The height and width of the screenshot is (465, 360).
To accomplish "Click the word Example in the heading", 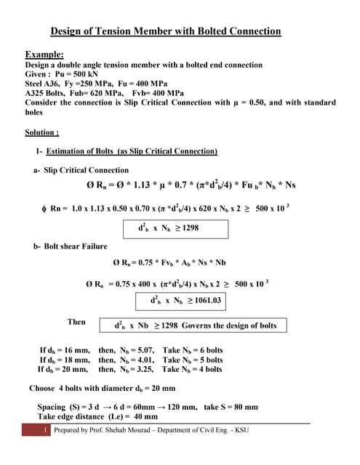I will [44, 54].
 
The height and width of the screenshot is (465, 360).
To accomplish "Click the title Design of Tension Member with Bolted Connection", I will [165, 31].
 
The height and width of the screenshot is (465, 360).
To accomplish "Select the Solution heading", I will [42, 133].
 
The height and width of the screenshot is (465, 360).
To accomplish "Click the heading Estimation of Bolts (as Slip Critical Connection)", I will [132, 152].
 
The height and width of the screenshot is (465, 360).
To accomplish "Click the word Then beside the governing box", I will [76, 322].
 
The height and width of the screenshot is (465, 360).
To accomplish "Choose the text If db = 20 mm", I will [64, 369].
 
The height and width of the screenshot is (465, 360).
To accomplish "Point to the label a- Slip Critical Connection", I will [81, 170].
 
